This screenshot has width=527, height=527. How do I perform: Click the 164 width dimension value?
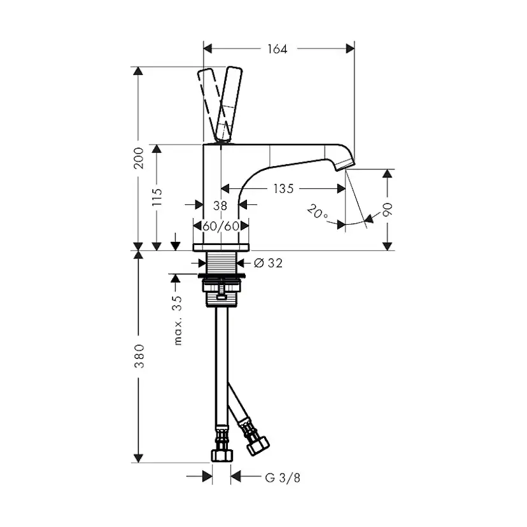(x=278, y=49)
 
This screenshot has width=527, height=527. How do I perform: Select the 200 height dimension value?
(x=138, y=158)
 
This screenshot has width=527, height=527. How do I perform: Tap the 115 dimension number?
(x=157, y=197)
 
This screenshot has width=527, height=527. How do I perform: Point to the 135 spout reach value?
(x=283, y=188)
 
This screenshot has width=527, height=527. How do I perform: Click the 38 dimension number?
(x=220, y=206)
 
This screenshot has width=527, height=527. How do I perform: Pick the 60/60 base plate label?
(x=221, y=226)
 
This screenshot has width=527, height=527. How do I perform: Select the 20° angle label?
(x=317, y=212)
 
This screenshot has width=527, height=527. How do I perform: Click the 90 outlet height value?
(x=387, y=210)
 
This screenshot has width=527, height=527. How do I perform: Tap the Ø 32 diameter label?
(x=268, y=263)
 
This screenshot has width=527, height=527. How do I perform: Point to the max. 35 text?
(x=178, y=320)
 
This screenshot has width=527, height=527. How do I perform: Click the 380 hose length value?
(x=139, y=356)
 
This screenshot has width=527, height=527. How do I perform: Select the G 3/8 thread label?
(x=283, y=477)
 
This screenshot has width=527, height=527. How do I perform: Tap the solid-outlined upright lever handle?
(x=229, y=104)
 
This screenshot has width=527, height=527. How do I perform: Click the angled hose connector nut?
(x=258, y=446)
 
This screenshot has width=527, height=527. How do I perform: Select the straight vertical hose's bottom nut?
(x=221, y=456)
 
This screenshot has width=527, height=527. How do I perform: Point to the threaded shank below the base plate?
(x=221, y=262)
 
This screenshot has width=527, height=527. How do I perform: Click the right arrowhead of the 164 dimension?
(x=350, y=49)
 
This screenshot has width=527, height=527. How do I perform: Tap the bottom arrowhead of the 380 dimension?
(x=138, y=458)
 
